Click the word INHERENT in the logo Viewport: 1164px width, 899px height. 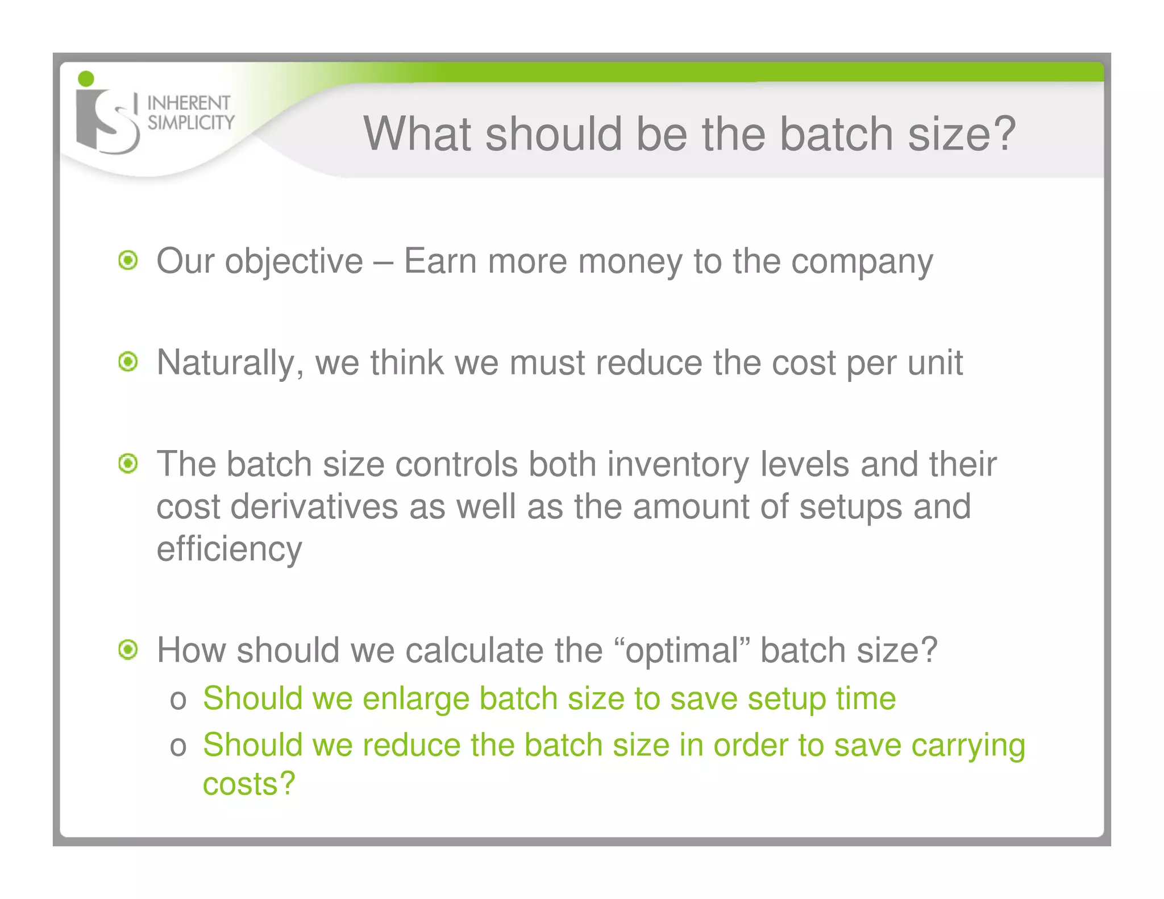pyautogui.click(x=188, y=103)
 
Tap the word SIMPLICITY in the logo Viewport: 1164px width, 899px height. pyautogui.click(x=191, y=122)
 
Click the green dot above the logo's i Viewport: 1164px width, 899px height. pyautogui.click(x=86, y=79)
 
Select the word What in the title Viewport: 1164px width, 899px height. pyautogui.click(x=417, y=134)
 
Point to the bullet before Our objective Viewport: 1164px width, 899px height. pyautogui.click(x=128, y=261)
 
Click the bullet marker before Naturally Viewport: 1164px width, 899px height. pyautogui.click(x=128, y=362)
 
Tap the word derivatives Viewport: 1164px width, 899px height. pyautogui.click(x=314, y=506)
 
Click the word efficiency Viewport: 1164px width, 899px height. pyautogui.click(x=229, y=550)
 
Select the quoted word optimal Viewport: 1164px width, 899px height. pyautogui.click(x=683, y=650)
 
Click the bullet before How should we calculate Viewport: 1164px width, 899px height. pyautogui.click(x=128, y=650)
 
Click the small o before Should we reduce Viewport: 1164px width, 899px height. pyautogui.click(x=178, y=746)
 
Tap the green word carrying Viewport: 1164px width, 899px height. pyautogui.click(x=968, y=746)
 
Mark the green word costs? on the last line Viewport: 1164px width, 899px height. pyautogui.click(x=249, y=784)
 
